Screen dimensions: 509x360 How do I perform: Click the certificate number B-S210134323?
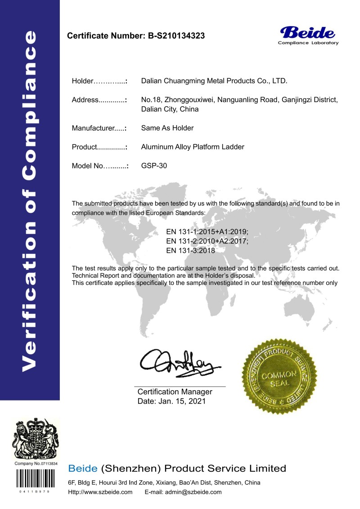(176, 36)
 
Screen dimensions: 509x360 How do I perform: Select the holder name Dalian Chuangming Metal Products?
(214, 81)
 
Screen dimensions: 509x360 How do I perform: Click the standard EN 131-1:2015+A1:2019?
(207, 232)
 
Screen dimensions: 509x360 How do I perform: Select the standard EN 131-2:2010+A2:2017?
(207, 241)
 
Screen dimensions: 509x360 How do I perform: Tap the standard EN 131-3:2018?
(190, 251)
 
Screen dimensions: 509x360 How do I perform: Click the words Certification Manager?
(175, 392)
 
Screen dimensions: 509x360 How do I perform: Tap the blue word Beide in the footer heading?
(82, 468)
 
